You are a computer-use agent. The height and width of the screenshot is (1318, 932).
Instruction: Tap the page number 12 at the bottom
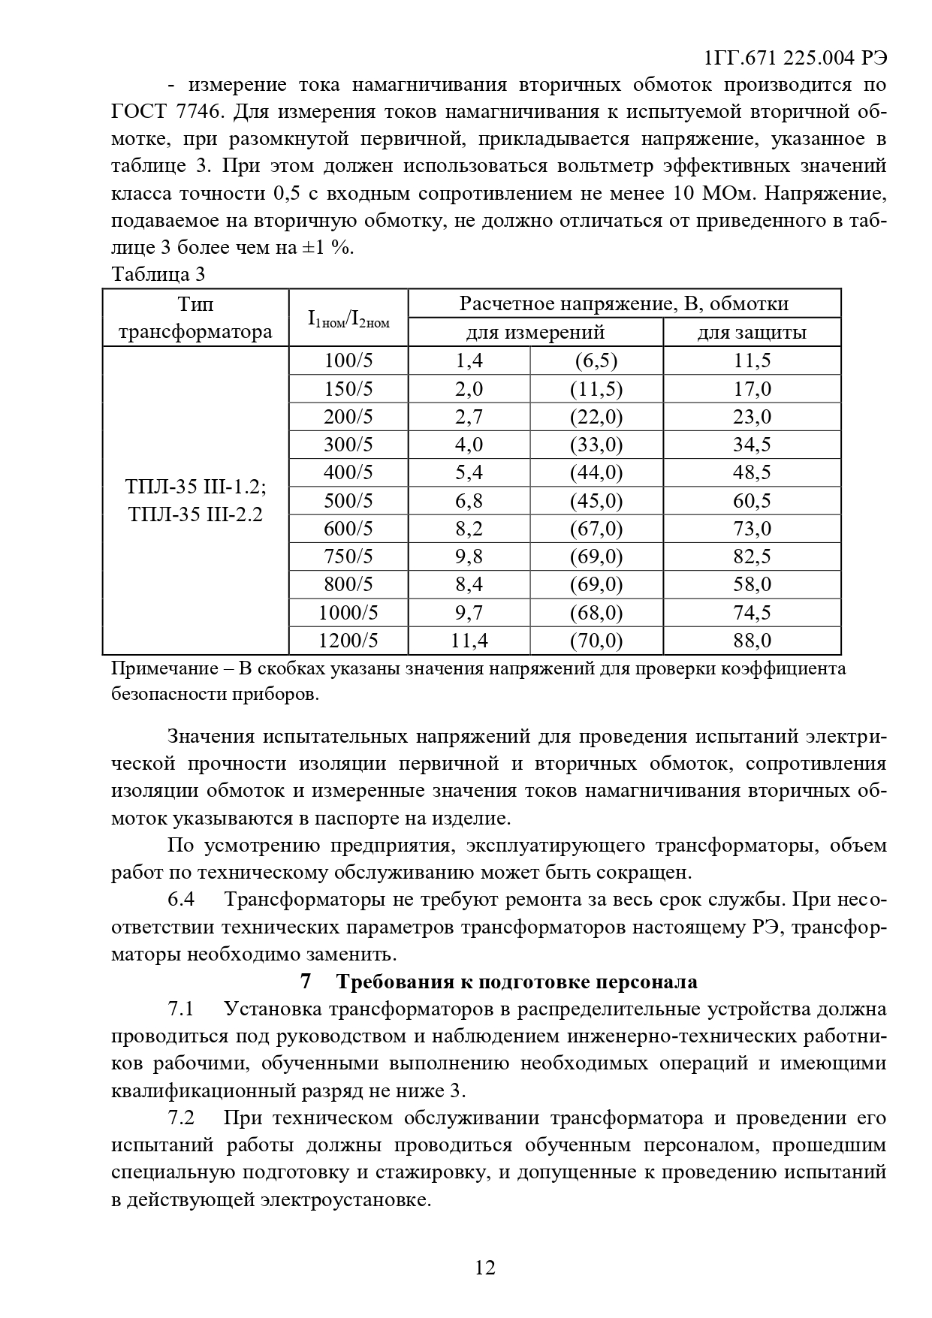485,1268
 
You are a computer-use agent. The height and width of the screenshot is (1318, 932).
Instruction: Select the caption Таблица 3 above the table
158,274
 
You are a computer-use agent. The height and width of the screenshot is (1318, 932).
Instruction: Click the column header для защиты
752,333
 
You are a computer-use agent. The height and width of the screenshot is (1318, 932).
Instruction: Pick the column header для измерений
535,333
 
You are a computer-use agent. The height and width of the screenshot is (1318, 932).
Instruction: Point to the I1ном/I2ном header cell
348,318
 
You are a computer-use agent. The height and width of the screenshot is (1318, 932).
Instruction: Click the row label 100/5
348,361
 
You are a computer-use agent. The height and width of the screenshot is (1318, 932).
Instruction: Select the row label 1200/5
348,641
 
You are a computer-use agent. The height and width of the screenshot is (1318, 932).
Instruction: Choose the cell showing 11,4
469,641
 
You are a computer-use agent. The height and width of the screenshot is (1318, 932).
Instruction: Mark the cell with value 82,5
752,556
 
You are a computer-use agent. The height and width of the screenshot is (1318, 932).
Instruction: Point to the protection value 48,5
752,472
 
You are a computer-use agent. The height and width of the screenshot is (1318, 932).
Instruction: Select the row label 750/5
348,556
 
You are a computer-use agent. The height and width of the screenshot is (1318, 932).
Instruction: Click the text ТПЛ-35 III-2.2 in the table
195,515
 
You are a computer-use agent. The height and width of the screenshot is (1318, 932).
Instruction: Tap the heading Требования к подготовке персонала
517,982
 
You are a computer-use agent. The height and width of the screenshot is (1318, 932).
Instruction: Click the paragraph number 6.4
181,900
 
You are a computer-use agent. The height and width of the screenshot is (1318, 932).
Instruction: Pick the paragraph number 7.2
181,1118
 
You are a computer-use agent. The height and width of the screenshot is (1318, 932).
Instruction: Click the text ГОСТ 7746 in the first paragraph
167,113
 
